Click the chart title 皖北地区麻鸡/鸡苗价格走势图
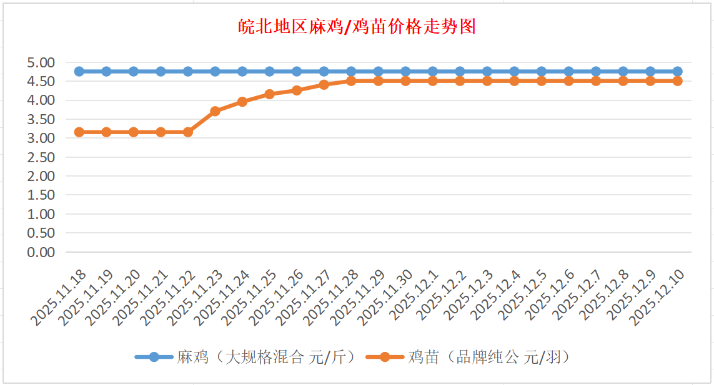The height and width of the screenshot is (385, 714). [x=357, y=27]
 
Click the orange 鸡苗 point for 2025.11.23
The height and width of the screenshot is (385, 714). [x=215, y=111]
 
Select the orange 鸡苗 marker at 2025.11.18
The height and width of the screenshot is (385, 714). [x=79, y=132]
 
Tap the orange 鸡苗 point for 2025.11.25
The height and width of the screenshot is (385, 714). [x=269, y=94]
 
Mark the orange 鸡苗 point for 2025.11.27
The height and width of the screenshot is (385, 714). [x=324, y=84]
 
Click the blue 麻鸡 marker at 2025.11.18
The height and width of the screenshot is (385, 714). [x=79, y=71]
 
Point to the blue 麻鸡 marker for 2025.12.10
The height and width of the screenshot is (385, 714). [x=677, y=71]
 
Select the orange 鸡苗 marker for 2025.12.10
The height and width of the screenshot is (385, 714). [x=677, y=81]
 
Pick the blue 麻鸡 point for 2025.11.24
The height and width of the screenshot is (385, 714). [x=242, y=71]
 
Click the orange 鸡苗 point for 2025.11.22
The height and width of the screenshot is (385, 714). [x=188, y=132]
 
